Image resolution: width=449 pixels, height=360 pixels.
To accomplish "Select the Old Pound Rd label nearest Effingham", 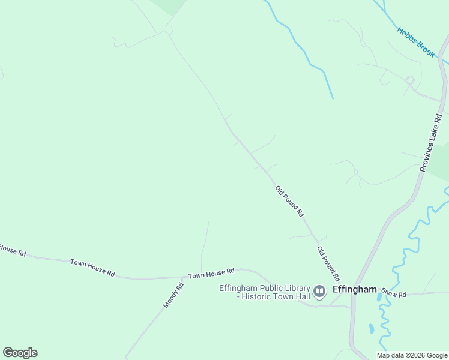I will pyautogui.click(x=328, y=264).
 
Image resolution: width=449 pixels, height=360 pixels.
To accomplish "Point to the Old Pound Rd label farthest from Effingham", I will pyautogui.click(x=290, y=202).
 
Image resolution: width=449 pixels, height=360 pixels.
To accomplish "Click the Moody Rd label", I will pyautogui.click(x=173, y=295).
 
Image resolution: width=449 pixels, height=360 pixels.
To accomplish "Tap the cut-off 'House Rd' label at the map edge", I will pyautogui.click(x=12, y=251).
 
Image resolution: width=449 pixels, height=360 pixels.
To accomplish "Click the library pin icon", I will pyautogui.click(x=319, y=292).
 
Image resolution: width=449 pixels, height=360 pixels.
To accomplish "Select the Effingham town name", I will pyautogui.click(x=354, y=289).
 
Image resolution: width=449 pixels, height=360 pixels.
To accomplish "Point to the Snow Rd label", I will pyautogui.click(x=394, y=294).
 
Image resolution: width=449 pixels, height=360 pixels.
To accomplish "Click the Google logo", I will pyautogui.click(x=20, y=353).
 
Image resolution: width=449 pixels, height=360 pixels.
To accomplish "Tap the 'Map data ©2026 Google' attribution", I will pyautogui.click(x=412, y=355).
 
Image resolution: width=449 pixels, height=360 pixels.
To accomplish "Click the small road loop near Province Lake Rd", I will pyautogui.click(x=410, y=79).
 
